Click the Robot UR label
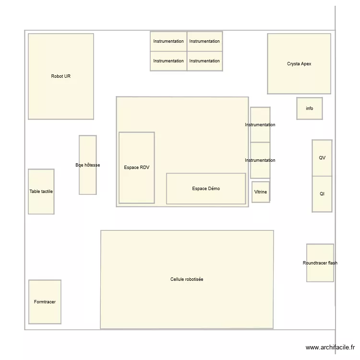click(x=61, y=76)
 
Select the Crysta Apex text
click(x=299, y=64)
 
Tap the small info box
click(x=309, y=108)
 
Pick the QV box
click(x=322, y=158)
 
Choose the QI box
click(x=322, y=194)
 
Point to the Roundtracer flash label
click(x=320, y=263)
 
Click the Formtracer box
click(x=45, y=302)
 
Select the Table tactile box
click(x=41, y=192)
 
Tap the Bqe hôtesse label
click(x=88, y=165)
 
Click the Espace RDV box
click(x=137, y=168)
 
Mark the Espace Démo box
click(x=206, y=189)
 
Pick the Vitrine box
click(x=261, y=192)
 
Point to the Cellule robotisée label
click(x=187, y=279)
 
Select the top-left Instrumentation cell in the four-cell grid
click(x=168, y=41)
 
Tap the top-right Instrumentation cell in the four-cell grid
click(x=204, y=41)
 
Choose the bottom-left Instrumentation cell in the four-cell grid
click(x=168, y=61)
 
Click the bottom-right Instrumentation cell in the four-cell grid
click(x=204, y=61)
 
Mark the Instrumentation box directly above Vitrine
click(x=260, y=160)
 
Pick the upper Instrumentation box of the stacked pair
click(x=260, y=125)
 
